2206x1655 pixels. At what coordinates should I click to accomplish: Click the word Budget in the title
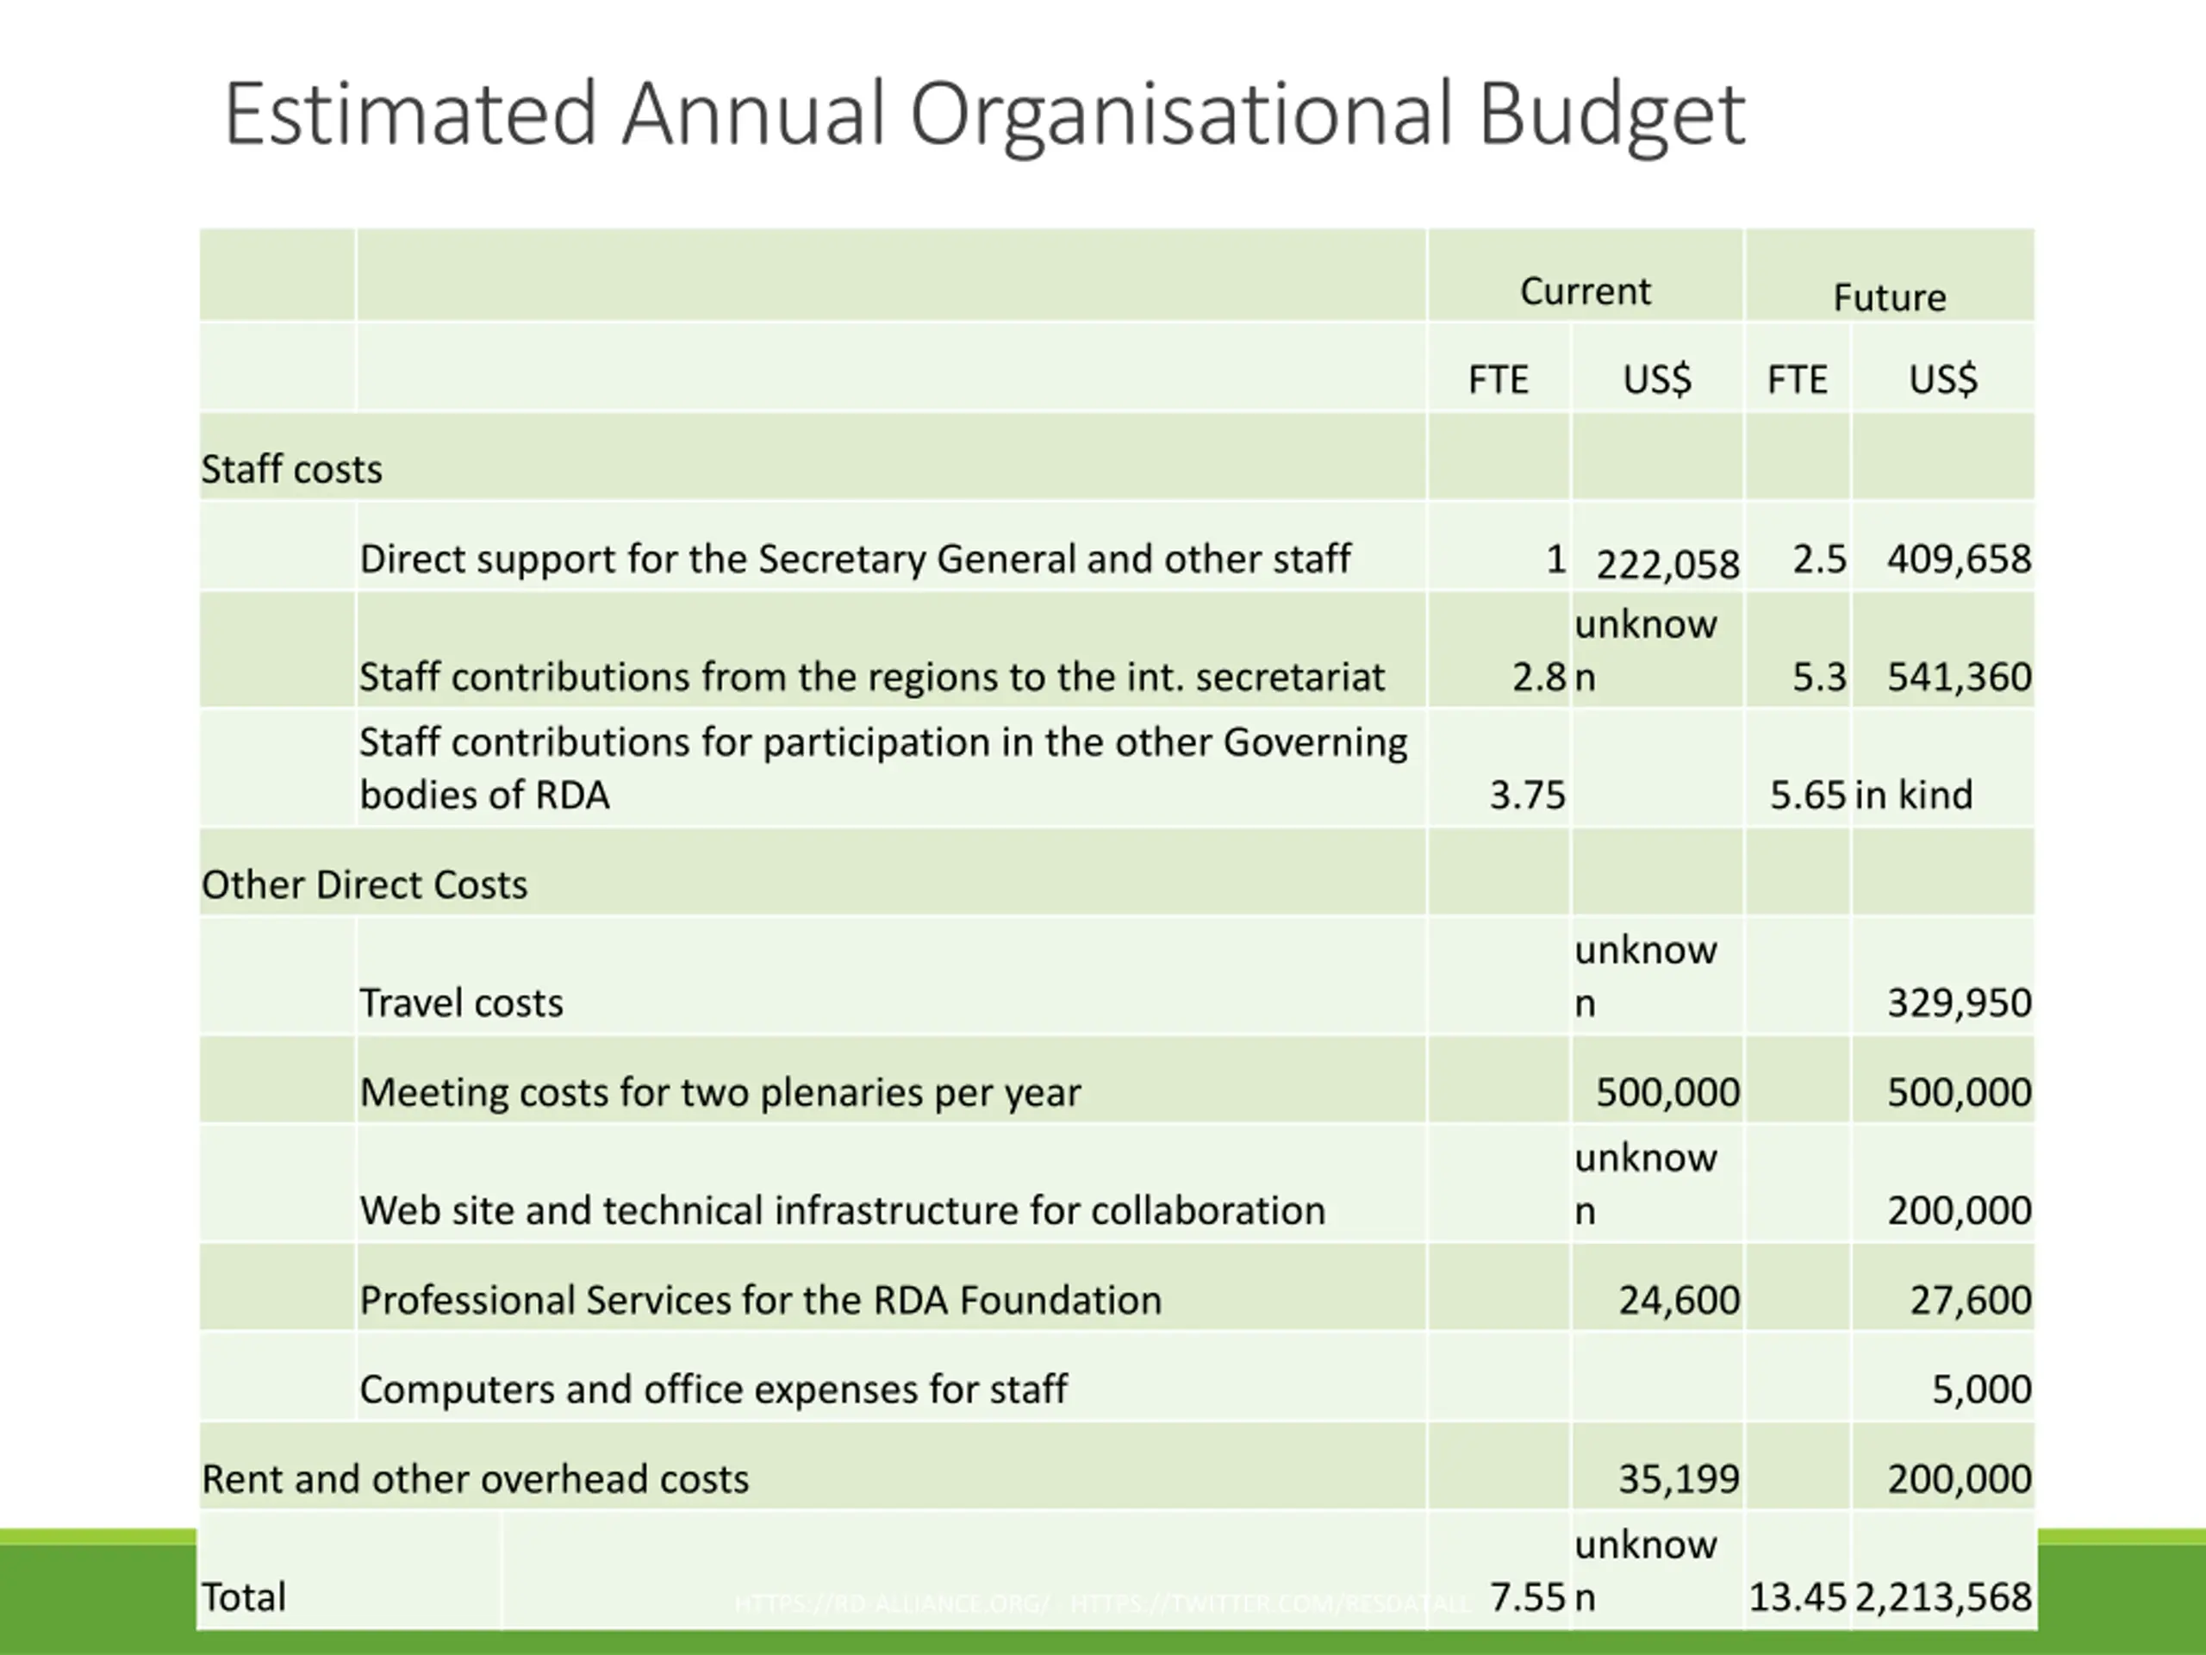pyautogui.click(x=1611, y=116)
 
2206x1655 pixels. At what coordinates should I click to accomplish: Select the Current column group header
pyautogui.click(x=1585, y=291)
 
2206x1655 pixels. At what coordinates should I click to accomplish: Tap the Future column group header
pyautogui.click(x=1889, y=297)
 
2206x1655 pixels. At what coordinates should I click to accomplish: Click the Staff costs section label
pyautogui.click(x=292, y=469)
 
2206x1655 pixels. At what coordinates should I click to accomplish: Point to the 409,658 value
pyautogui.click(x=1959, y=559)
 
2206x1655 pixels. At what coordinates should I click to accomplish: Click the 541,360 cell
pyautogui.click(x=1959, y=678)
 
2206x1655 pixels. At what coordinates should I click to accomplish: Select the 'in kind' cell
pyautogui.click(x=1913, y=795)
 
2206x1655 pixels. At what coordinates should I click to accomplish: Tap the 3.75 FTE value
pyautogui.click(x=1527, y=795)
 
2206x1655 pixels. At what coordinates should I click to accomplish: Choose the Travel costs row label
pyautogui.click(x=461, y=1002)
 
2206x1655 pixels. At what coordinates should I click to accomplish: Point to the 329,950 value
pyautogui.click(x=1959, y=1002)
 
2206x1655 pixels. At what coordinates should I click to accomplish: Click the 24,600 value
pyautogui.click(x=1679, y=1300)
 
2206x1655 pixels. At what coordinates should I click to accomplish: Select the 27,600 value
pyautogui.click(x=1971, y=1300)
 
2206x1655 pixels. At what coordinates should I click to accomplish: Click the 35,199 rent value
pyautogui.click(x=1679, y=1478)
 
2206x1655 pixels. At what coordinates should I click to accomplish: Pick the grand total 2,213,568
pyautogui.click(x=1942, y=1597)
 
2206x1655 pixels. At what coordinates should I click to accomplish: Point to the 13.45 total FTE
pyautogui.click(x=1797, y=1597)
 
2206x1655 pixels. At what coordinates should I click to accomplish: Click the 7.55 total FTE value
pyautogui.click(x=1527, y=1597)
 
